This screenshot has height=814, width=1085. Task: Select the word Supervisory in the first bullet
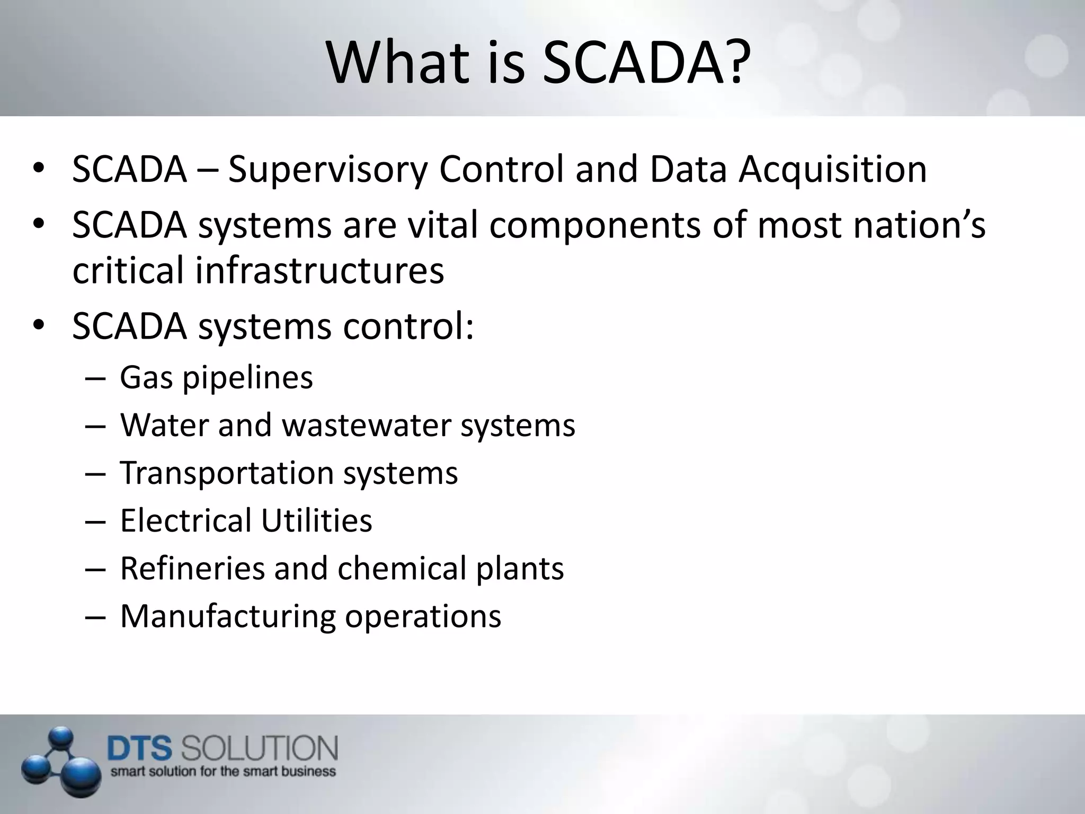327,170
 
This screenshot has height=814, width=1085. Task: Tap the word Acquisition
832,170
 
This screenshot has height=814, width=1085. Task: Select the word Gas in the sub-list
146,378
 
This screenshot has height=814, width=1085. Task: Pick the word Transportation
227,473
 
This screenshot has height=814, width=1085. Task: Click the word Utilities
316,520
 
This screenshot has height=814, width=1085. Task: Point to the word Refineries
191,568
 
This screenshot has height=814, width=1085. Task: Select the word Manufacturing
228,616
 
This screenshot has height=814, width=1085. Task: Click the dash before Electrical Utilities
95,521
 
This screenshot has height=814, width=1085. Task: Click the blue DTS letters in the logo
140,749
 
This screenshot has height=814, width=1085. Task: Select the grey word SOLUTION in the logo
260,749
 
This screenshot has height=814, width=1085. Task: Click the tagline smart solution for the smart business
223,771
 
